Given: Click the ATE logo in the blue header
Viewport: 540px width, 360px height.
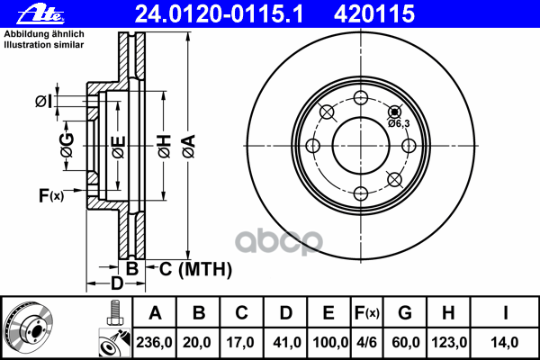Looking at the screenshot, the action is [40, 14].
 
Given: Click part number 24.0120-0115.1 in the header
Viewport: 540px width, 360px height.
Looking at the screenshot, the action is [219, 14].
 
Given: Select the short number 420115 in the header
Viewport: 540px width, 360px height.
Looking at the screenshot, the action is [374, 14].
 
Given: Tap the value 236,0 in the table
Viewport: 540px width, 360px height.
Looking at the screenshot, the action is [154, 342].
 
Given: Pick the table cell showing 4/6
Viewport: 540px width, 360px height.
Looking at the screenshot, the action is [366, 342].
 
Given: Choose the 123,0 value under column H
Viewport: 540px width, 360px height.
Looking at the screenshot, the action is [449, 342].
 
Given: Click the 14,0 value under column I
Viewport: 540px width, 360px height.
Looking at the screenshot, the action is [505, 342].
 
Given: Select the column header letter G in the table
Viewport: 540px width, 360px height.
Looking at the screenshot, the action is [405, 313].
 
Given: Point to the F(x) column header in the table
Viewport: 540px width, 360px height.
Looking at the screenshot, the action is [367, 313].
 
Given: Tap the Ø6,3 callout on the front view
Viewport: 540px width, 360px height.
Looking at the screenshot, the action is [399, 123].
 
